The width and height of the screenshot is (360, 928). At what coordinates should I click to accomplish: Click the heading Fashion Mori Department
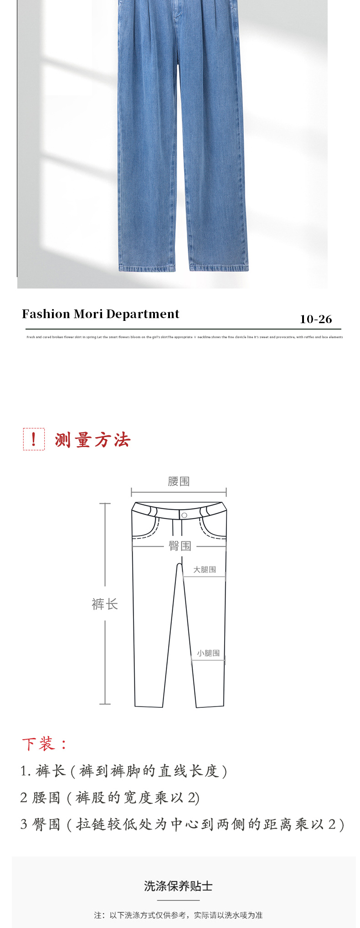point(100,314)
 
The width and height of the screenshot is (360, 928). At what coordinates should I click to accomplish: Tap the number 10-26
point(316,319)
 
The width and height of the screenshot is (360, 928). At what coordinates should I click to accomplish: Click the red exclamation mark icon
point(34,439)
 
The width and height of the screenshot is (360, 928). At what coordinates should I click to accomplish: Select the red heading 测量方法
point(93,440)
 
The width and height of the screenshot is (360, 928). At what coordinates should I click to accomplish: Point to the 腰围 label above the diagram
point(179,481)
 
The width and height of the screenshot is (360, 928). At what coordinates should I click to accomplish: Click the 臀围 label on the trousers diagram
point(180,546)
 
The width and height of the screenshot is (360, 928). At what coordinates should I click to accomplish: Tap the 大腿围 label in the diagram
point(205,569)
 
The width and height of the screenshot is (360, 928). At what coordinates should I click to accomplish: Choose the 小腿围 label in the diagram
point(208,653)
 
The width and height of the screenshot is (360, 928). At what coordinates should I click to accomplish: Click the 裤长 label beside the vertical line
point(105,604)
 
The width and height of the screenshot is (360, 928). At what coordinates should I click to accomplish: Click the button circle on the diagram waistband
point(184,515)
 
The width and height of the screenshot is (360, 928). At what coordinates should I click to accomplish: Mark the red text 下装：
point(45,744)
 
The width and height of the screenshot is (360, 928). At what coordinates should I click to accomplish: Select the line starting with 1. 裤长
point(123,771)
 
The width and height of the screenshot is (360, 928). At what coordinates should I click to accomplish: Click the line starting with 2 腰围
point(110,797)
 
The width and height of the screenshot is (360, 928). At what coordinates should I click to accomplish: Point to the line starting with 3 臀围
point(182,824)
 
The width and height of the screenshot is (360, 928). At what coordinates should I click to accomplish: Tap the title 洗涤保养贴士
point(179,886)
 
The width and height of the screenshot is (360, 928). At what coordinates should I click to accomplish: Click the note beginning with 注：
point(179,915)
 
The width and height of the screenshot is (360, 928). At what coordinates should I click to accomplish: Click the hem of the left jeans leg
point(147,267)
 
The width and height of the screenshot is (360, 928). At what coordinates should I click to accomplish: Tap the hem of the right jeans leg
point(219,267)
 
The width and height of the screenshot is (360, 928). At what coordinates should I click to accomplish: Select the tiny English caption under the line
point(185,337)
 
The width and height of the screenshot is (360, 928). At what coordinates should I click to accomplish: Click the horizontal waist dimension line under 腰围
point(179,492)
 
